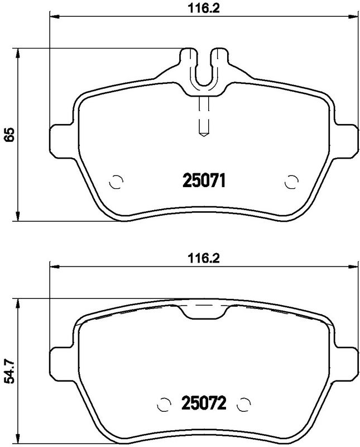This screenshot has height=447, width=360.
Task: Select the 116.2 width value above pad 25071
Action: click(203, 8)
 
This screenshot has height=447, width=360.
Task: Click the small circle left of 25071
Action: click(116, 182)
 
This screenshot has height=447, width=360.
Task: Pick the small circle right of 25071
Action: click(291, 182)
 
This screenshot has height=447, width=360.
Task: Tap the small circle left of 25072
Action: click(164, 403)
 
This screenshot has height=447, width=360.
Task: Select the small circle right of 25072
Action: click(243, 403)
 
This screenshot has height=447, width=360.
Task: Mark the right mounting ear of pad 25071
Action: click(347, 137)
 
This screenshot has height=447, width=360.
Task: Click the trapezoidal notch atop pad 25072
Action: click(204, 313)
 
